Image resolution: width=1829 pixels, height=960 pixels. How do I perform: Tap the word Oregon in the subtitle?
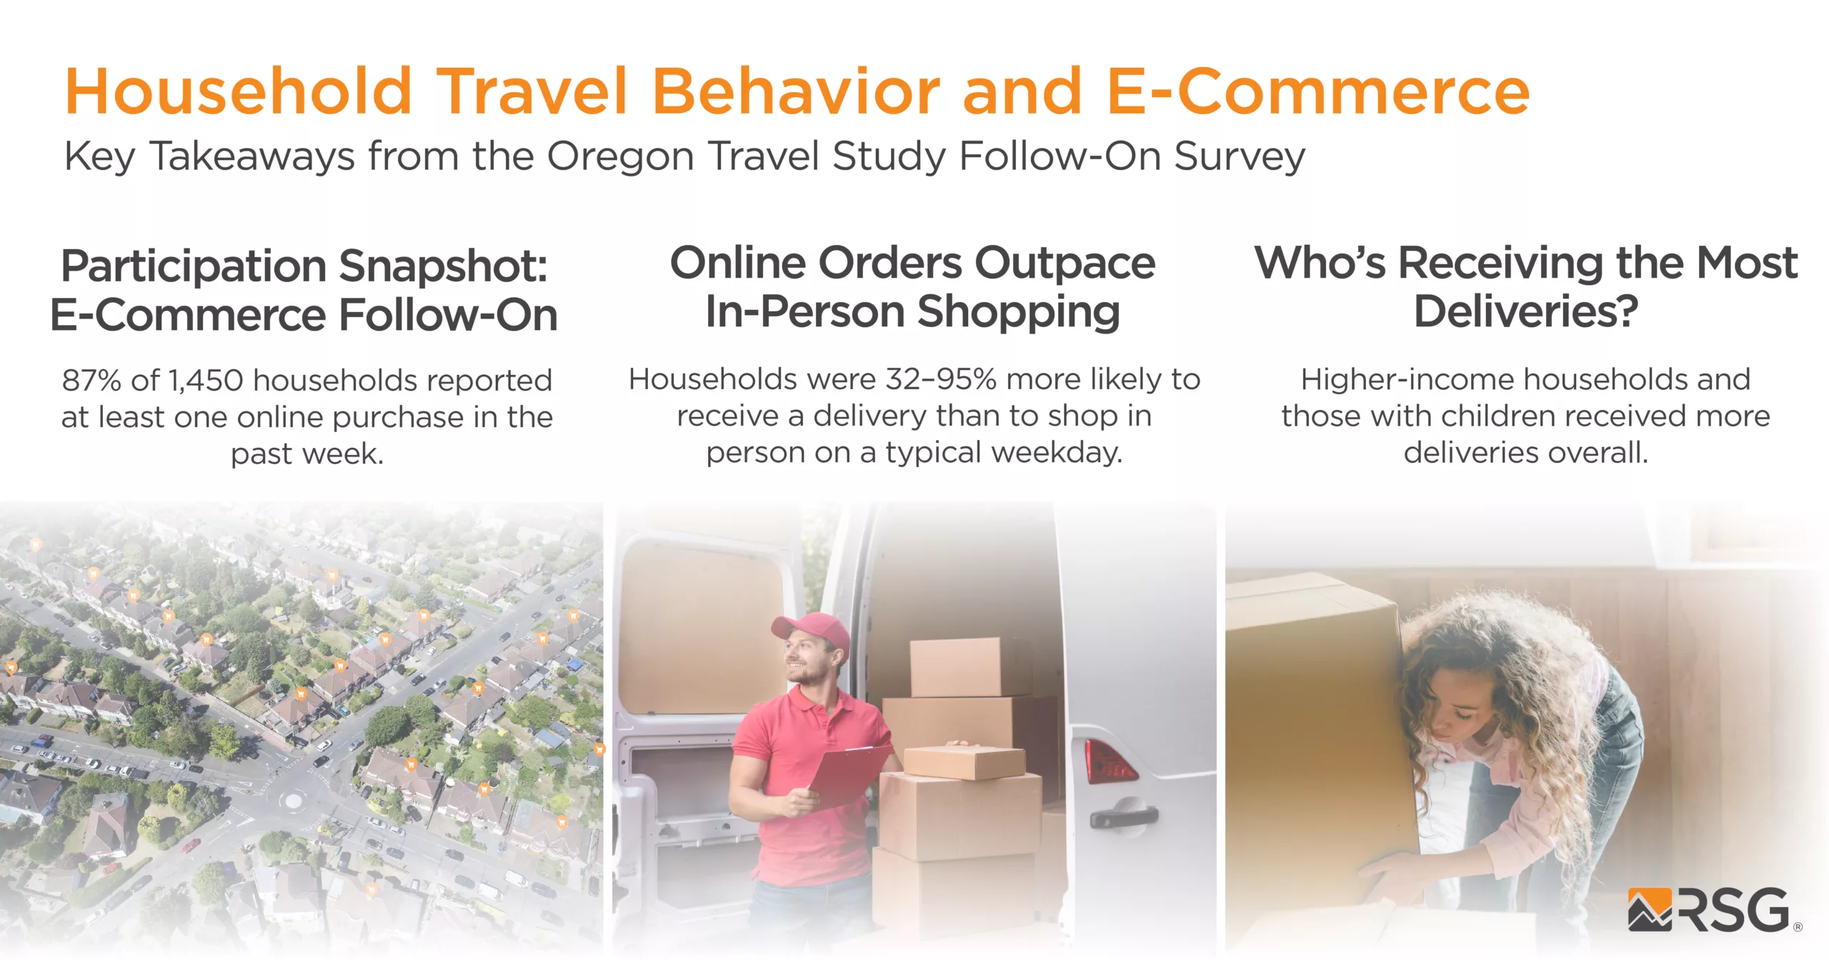620,157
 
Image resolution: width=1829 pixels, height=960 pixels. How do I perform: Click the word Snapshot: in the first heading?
443,266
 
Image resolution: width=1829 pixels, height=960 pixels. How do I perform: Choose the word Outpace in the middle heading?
1065,264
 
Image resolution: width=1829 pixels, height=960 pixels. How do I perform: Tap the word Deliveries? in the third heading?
1526,312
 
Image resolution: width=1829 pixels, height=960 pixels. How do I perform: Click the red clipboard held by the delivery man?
850,771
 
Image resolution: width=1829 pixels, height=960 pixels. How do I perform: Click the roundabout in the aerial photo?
293,800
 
